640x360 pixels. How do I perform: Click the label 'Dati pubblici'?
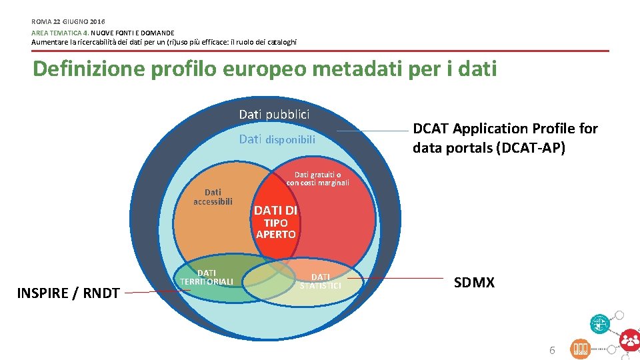[x=274, y=114]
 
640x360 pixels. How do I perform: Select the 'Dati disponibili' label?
[x=277, y=140]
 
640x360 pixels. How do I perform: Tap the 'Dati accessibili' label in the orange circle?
[x=213, y=197]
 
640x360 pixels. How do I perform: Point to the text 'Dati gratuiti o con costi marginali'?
[x=318, y=179]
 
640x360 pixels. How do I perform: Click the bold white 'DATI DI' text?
[x=275, y=211]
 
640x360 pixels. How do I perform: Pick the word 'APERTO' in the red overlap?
[x=276, y=235]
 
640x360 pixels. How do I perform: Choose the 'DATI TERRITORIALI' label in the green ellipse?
[x=207, y=277]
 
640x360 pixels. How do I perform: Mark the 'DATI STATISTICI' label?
[x=320, y=281]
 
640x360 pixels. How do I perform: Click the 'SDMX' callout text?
[x=474, y=283]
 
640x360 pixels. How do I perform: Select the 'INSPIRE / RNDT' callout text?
[x=68, y=293]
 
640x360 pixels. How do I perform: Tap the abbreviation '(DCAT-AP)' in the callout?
[x=530, y=148]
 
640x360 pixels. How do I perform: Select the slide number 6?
[x=551, y=350]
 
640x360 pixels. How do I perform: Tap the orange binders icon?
[x=580, y=349]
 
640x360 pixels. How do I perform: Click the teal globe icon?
[x=599, y=323]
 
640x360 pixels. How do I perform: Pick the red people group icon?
[x=629, y=340]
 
